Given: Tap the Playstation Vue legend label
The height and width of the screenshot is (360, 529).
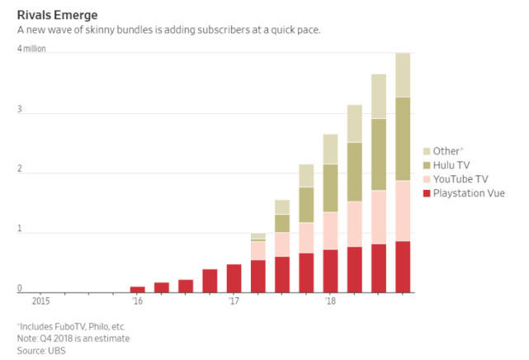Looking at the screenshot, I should pyautogui.click(x=468, y=193).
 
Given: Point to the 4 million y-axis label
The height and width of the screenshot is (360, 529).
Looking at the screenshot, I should pyautogui.click(x=32, y=48).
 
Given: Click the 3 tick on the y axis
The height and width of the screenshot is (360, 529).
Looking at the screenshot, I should pyautogui.click(x=20, y=110).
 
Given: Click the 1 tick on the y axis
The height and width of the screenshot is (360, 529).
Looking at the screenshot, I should pyautogui.click(x=20, y=233).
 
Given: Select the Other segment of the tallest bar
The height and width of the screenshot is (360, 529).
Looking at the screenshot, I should pyautogui.click(x=403, y=74).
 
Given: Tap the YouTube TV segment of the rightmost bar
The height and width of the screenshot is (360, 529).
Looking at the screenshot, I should pyautogui.click(x=403, y=211).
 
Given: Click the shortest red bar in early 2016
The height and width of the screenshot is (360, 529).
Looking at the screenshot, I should pyautogui.click(x=138, y=289).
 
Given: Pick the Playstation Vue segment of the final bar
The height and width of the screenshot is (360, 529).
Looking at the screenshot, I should pyautogui.click(x=403, y=266).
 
